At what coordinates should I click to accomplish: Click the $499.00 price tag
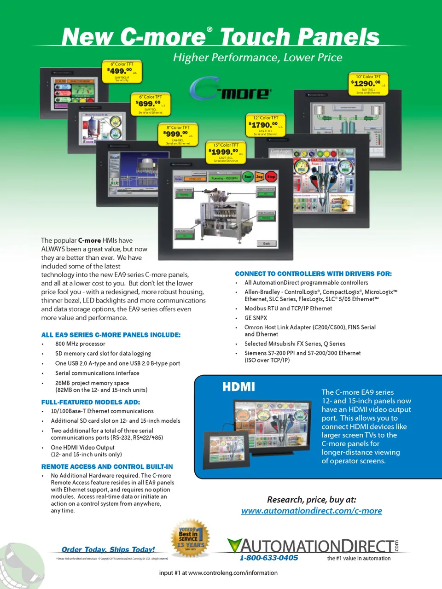point(122,72)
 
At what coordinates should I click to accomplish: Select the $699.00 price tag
point(151,104)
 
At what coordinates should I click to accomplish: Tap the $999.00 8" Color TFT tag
point(178,134)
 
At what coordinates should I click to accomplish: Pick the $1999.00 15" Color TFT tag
point(226,152)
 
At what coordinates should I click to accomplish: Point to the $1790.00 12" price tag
point(266,125)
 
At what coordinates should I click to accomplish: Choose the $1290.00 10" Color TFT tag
point(368,84)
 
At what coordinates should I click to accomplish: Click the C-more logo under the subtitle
point(230,90)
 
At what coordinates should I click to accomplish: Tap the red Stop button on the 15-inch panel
point(271,176)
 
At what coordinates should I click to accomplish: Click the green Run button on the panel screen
point(248,176)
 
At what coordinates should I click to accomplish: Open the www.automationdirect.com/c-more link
point(311,511)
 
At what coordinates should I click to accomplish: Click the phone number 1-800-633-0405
point(269,558)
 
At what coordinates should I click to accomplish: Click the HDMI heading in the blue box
point(238,387)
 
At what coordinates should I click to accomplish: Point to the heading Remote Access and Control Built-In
point(107,467)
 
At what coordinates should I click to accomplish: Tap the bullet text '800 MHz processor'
point(80,344)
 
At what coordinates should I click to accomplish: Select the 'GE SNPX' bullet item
point(256,318)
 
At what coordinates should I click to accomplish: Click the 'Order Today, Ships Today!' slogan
point(108,549)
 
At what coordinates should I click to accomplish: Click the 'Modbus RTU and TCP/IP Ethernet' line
point(288,309)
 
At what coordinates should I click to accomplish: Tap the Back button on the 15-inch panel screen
point(267,243)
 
